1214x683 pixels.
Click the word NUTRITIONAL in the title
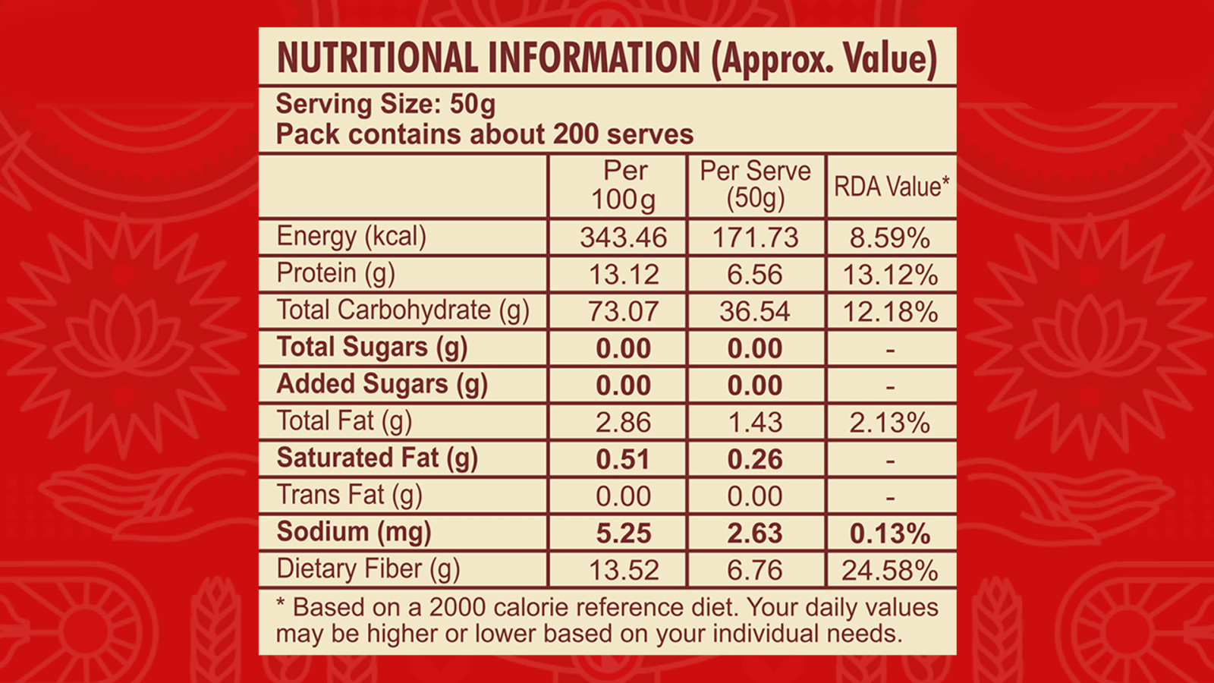378,58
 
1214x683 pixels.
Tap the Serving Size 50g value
473,104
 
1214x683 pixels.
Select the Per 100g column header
624,185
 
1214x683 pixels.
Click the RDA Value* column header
892,187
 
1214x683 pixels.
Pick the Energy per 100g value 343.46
623,238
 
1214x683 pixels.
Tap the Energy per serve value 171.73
756,238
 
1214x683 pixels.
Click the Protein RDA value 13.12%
891,275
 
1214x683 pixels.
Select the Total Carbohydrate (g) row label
403,310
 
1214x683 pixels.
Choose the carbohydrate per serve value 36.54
755,312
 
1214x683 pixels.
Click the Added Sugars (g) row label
382,384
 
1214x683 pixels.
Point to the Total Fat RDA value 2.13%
890,423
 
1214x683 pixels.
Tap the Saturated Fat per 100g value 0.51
623,460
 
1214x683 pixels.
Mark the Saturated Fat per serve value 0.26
755,460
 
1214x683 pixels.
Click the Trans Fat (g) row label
350,496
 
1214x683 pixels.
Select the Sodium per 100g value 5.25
624,533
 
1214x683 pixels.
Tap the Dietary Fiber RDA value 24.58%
890,570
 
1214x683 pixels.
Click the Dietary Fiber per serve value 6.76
755,570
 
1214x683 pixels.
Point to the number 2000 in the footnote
457,608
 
